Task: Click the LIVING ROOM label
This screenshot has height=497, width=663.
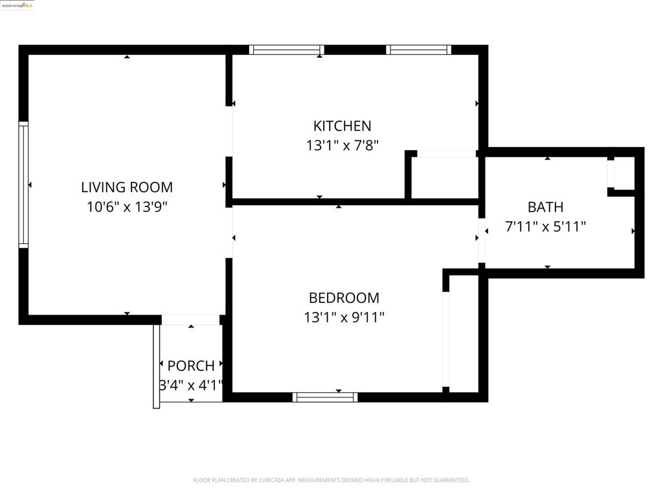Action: [127, 188]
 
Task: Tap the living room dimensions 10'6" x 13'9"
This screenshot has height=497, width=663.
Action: [127, 208]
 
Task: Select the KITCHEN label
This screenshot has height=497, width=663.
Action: [342, 126]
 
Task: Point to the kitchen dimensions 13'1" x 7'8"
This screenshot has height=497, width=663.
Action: [342, 146]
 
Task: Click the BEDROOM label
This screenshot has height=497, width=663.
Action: [344, 298]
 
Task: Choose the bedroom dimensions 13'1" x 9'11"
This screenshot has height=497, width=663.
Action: [344, 318]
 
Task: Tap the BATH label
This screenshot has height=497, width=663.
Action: [545, 207]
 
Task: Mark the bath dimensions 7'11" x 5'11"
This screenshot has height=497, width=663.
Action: [545, 227]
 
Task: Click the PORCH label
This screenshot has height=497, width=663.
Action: [191, 366]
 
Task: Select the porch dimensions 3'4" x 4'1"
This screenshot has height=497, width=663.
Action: [191, 386]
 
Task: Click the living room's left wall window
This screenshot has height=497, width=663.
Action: [23, 184]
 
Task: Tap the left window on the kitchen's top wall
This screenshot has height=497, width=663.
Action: [286, 50]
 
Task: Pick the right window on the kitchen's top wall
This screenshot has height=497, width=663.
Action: [419, 50]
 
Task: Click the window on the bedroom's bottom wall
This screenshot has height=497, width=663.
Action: [325, 397]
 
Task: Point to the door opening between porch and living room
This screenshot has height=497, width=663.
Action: [190, 320]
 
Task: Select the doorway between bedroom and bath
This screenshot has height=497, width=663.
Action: [482, 240]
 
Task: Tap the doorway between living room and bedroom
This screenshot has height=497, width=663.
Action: [229, 232]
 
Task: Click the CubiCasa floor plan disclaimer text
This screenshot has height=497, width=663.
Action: [331, 480]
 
